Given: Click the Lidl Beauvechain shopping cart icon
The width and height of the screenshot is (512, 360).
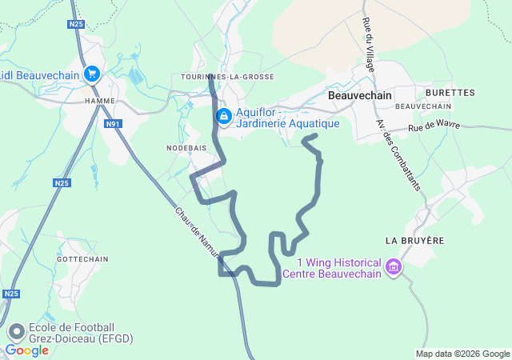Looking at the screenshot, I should [x=91, y=74].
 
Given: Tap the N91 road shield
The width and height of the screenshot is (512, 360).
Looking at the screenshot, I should [x=114, y=124].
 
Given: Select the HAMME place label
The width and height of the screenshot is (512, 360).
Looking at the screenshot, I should [x=101, y=101].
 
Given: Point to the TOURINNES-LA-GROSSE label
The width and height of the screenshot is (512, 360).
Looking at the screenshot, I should [x=228, y=77].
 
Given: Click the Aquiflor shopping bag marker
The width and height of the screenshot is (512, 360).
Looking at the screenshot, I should [x=225, y=118].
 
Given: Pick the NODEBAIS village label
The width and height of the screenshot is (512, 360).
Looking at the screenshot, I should [x=186, y=148].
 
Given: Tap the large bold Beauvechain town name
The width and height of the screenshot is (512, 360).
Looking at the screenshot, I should [x=361, y=95].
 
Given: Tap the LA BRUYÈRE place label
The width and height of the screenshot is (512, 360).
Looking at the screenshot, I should [x=414, y=240].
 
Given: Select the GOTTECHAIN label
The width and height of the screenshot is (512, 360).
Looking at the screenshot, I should [x=82, y=260].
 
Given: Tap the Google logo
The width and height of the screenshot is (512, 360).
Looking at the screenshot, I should [x=26, y=350].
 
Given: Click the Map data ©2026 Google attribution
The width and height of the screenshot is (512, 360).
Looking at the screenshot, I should [x=462, y=354].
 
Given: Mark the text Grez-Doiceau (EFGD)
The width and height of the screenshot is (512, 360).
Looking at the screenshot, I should [x=81, y=338].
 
